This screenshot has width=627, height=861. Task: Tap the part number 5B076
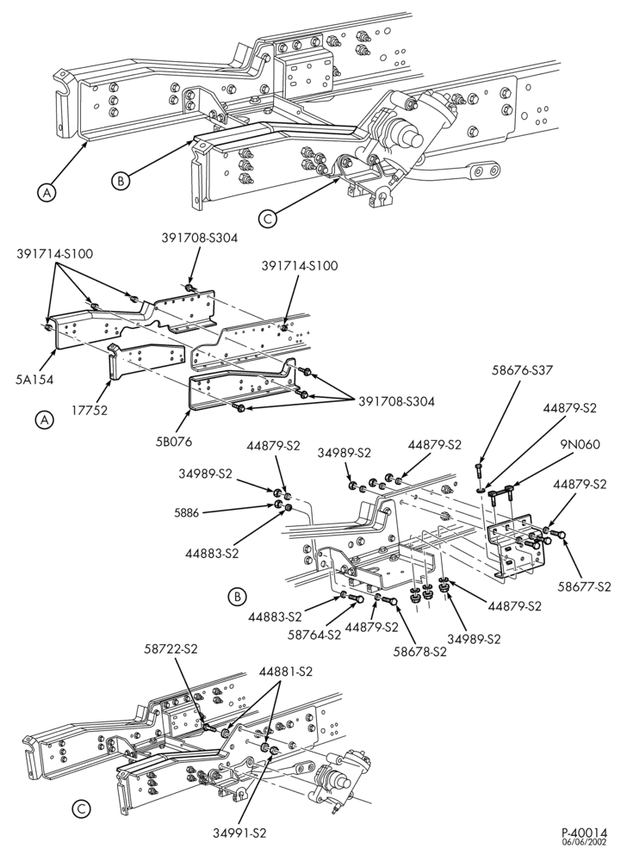tap(173, 442)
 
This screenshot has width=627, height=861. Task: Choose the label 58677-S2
tap(584, 587)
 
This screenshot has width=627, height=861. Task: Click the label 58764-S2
tap(314, 635)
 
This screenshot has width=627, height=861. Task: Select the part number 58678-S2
tap(420, 652)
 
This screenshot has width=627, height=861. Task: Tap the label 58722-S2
tap(171, 648)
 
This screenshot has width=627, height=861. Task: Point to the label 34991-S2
tap(240, 848)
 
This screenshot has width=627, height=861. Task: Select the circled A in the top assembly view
tap(47, 193)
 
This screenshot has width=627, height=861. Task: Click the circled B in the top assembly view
tap(120, 180)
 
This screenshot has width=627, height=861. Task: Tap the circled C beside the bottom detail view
tap(81, 808)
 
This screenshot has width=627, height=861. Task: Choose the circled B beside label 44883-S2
tap(237, 596)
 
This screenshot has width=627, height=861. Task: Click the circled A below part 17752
tap(45, 420)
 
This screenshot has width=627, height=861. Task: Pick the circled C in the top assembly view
tap(267, 219)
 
